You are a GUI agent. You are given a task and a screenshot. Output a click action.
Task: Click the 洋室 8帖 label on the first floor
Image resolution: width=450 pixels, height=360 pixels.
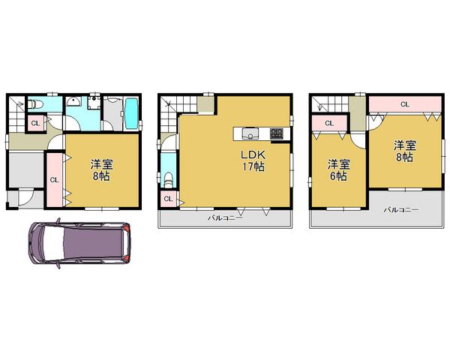pyautogui.click(x=102, y=169)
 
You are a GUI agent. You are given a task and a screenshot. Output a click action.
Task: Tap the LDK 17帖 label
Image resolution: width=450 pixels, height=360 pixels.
pyautogui.click(x=252, y=160)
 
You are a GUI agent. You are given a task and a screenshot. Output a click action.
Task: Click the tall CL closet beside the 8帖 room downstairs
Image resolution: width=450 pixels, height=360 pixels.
pyautogui.click(x=54, y=180)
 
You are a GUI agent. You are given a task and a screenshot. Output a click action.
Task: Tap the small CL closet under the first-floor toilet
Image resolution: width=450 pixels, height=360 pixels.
pyautogui.click(x=34, y=124)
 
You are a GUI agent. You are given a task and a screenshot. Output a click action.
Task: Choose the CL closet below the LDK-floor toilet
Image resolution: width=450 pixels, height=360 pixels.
pyautogui.click(x=168, y=199)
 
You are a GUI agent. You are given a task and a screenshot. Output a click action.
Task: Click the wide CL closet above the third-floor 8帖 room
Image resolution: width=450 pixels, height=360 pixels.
pyautogui.click(x=404, y=104)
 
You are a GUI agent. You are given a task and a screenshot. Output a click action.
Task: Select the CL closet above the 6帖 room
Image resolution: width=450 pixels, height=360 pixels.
pyautogui.click(x=328, y=123)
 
